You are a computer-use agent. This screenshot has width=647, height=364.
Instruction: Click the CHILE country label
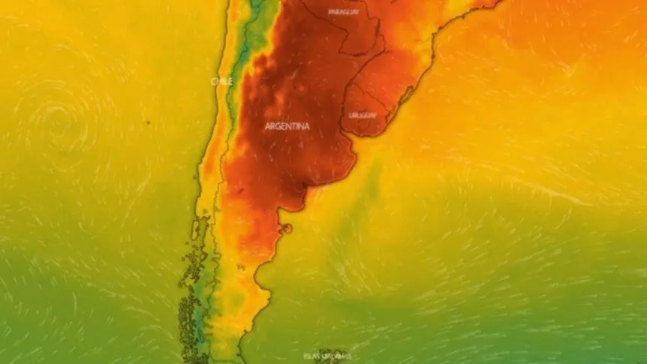(x=221, y=81)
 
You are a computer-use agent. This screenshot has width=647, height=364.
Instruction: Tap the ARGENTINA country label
(x=287, y=126)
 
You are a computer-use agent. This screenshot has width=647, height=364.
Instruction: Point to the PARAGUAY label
(x=344, y=12)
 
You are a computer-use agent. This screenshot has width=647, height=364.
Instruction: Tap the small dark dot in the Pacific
(x=147, y=122)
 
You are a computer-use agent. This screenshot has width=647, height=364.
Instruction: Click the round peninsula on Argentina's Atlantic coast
(x=286, y=226)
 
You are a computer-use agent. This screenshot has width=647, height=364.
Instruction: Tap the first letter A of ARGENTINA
(x=268, y=126)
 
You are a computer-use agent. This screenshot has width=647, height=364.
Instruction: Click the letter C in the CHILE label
(x=213, y=81)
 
